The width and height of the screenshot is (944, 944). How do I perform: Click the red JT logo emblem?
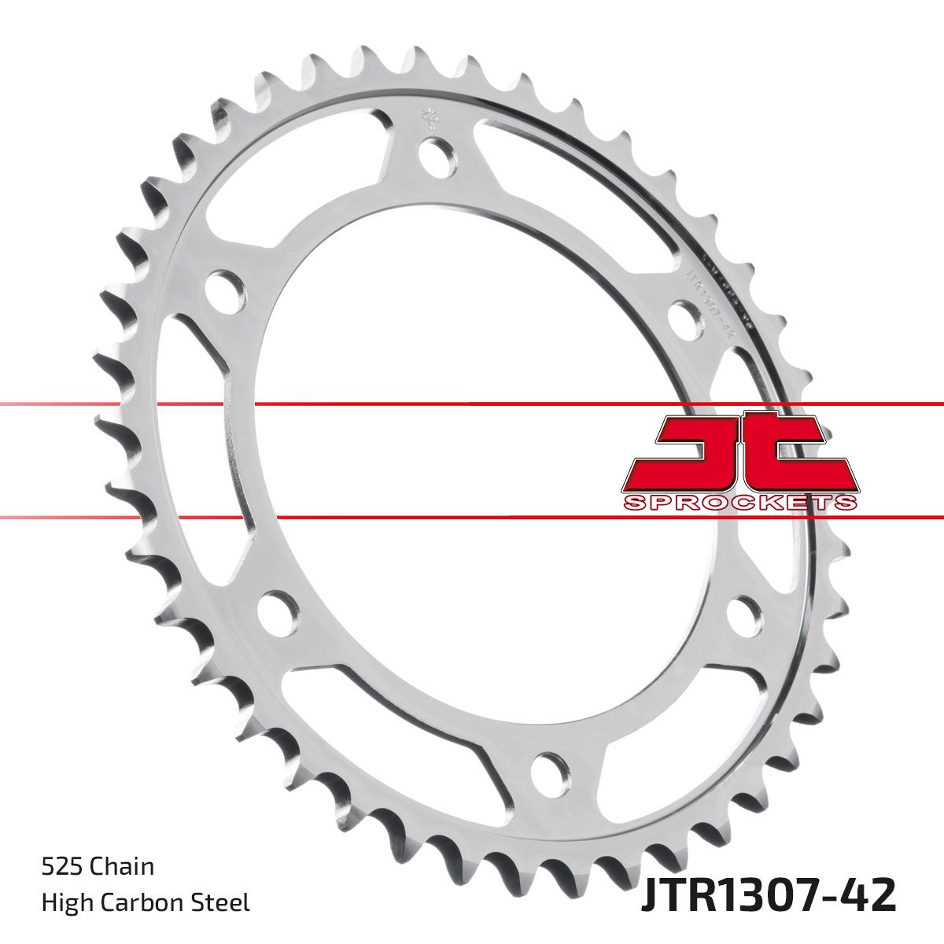pos(739,452)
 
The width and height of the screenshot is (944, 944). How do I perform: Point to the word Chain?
pos(122,867)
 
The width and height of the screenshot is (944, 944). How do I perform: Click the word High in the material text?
pos(65,902)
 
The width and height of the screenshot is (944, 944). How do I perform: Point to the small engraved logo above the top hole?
pos(429,119)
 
